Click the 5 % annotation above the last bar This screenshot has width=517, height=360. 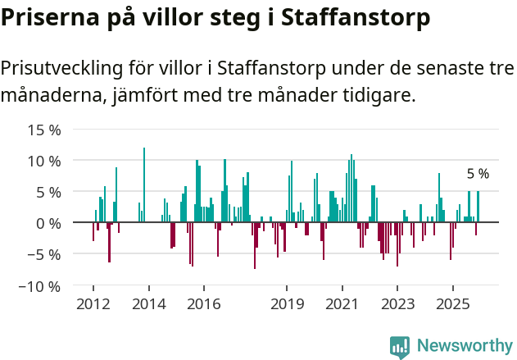point(478,174)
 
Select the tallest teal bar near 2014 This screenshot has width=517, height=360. point(144,185)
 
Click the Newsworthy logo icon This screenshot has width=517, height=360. point(400,346)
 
